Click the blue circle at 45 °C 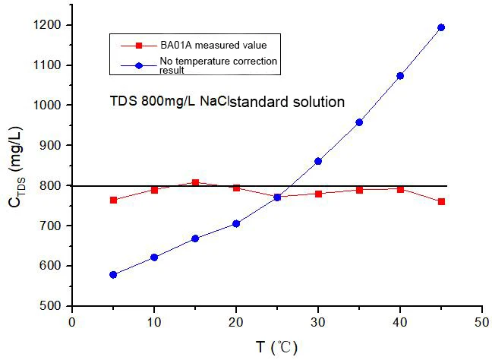tap(441, 27)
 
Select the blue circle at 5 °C tap(113, 275)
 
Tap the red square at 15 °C tap(195, 182)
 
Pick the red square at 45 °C tap(441, 201)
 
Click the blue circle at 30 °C tap(318, 161)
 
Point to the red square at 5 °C tap(114, 200)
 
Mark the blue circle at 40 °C tap(400, 76)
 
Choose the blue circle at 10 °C tap(154, 257)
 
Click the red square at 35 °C tap(360, 190)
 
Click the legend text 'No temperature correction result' tap(219, 65)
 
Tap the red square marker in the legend tap(139, 46)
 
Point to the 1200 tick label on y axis tap(47, 25)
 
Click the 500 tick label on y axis tap(50, 306)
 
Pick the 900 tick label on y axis tap(50, 145)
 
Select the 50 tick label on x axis tap(482, 323)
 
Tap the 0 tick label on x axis tap(72, 323)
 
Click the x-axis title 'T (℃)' tap(276, 347)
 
